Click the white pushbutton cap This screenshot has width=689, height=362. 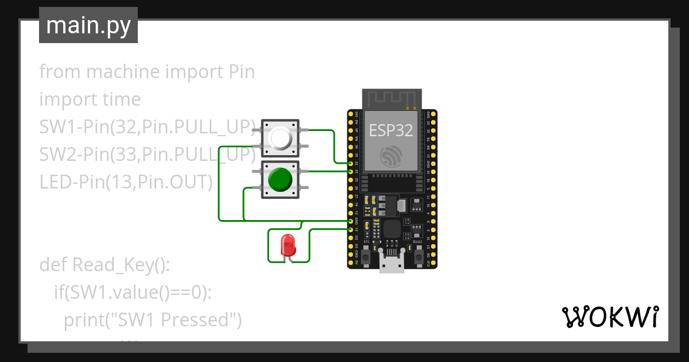point(280,138)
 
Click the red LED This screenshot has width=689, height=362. point(287,246)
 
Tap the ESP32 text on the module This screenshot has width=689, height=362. point(390,130)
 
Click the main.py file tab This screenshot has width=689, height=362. point(88,25)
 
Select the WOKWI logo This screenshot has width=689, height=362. point(609,317)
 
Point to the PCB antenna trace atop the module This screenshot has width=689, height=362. point(392,98)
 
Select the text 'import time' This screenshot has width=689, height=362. point(90,99)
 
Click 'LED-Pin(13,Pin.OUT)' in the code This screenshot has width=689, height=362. point(126,182)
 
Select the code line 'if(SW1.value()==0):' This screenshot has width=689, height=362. point(133,292)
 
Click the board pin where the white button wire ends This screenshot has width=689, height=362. point(351,164)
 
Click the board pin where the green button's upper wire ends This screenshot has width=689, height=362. point(351,171)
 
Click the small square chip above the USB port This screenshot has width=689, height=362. point(392,229)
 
